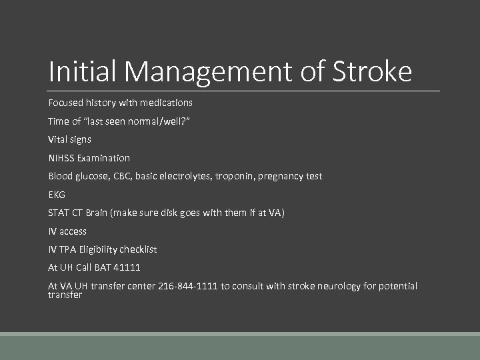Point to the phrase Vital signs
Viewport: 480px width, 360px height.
(69, 139)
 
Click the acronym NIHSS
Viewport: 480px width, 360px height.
(62, 158)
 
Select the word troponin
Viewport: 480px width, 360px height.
(235, 176)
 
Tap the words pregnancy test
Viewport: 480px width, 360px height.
(290, 176)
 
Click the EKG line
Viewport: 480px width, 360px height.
(57, 195)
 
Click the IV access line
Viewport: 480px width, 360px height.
(67, 231)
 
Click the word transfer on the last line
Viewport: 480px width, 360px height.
(65, 295)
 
